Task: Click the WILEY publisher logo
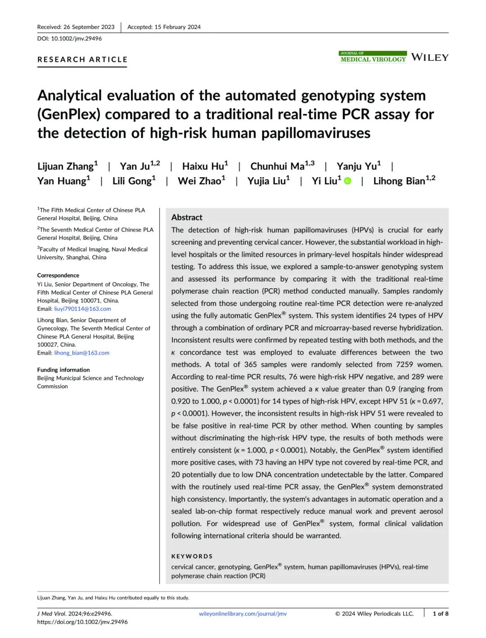[430, 57]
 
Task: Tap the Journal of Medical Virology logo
[373, 57]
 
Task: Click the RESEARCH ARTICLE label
[82, 59]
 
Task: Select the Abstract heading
[187, 217]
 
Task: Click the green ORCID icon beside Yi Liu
[347, 181]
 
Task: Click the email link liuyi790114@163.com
[82, 309]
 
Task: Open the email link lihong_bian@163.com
[81, 353]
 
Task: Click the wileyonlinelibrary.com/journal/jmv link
[243, 614]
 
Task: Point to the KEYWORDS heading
[192, 556]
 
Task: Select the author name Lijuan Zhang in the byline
[66, 166]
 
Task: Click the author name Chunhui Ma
[277, 166]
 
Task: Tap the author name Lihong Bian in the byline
[399, 181]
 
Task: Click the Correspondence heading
[58, 275]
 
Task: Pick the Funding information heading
[63, 370]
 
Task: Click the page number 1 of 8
[440, 614]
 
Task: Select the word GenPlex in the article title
[68, 114]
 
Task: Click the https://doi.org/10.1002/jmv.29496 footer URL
[82, 622]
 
